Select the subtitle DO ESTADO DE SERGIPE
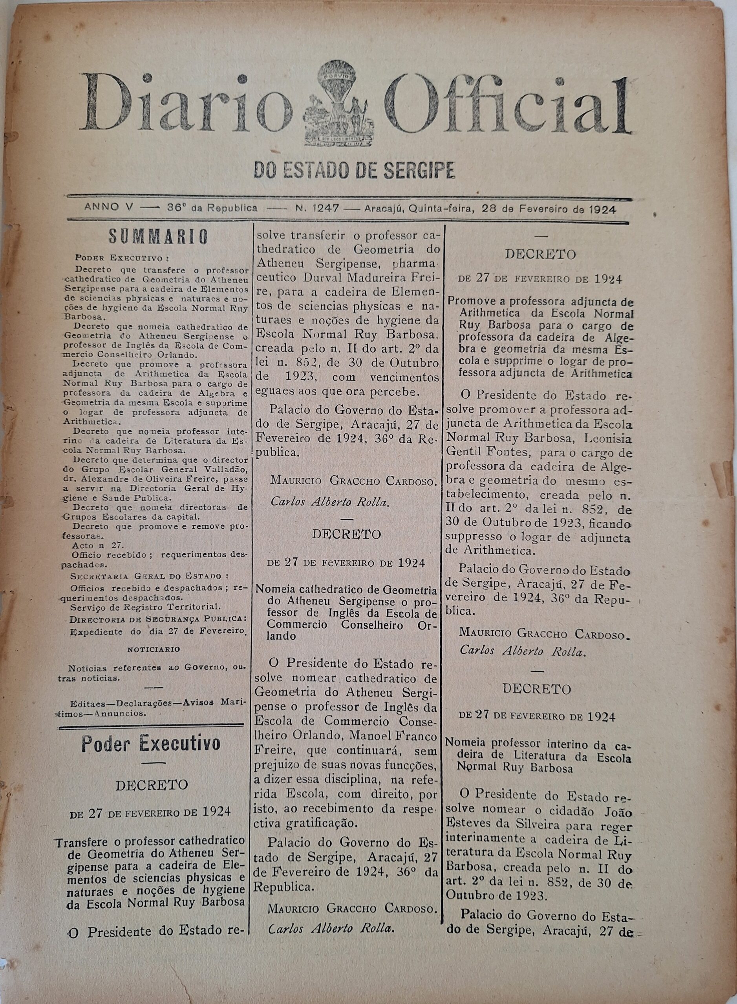[x=355, y=170]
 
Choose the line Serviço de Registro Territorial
[x=145, y=606]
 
